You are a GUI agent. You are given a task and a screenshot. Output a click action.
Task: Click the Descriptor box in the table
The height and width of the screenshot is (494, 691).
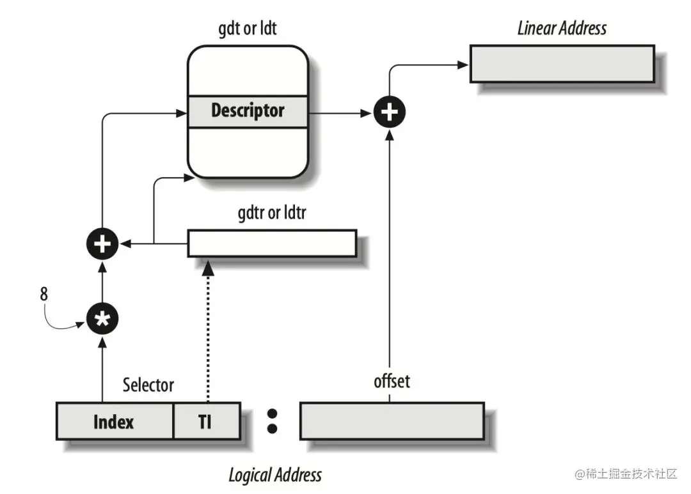click(x=248, y=111)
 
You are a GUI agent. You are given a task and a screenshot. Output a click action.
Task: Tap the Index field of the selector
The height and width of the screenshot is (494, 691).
click(x=114, y=422)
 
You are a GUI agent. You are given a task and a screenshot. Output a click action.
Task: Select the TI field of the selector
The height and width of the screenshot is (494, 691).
click(x=206, y=422)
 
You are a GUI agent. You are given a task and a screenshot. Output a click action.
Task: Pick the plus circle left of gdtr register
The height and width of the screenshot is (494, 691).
click(x=102, y=243)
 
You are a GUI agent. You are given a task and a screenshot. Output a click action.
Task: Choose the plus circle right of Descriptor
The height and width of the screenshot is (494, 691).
click(x=390, y=112)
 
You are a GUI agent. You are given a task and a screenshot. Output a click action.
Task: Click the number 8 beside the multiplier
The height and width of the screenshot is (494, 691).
click(x=44, y=295)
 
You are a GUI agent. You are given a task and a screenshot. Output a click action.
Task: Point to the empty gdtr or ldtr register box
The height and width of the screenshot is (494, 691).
click(x=271, y=243)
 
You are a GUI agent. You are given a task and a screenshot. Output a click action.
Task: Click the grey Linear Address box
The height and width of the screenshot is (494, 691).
click(x=562, y=63)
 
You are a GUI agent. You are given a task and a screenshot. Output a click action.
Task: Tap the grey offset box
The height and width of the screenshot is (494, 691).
click(x=392, y=421)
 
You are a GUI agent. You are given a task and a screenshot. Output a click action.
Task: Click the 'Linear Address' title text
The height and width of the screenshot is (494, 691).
click(x=562, y=28)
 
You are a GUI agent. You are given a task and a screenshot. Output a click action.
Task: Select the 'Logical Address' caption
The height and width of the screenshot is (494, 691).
click(x=275, y=475)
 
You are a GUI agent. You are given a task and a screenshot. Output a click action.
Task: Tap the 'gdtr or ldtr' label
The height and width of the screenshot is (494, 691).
click(x=271, y=213)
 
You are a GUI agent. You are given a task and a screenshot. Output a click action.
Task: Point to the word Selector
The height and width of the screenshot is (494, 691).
click(x=148, y=385)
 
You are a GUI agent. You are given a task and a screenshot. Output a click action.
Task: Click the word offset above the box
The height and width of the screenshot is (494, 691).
click(x=392, y=382)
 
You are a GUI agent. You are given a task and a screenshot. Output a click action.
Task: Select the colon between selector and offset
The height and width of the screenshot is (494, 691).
click(x=272, y=421)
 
